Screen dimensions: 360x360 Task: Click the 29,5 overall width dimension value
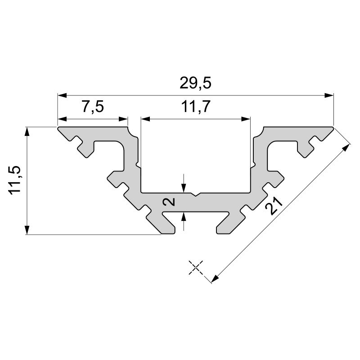[x=195, y=84]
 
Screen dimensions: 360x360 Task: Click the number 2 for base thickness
[x=170, y=202]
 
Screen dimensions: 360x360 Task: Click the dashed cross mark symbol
[x=195, y=267]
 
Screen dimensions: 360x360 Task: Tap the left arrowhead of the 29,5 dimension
[x=62, y=95]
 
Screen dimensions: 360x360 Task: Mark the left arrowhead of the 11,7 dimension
[x=145, y=119]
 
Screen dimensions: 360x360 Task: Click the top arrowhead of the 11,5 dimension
[x=28, y=132]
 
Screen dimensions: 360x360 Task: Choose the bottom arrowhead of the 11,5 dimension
[x=28, y=230]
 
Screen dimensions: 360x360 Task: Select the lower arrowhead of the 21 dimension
[x=215, y=279]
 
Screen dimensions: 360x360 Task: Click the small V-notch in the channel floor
[x=194, y=195]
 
